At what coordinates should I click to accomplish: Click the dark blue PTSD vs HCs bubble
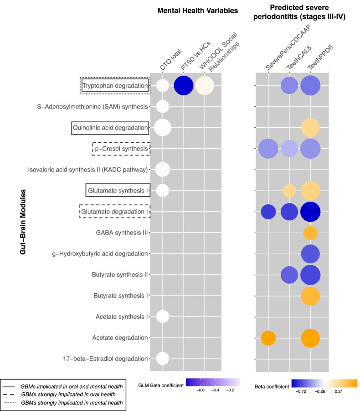(184, 86)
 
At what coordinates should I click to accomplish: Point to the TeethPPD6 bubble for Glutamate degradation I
(310, 211)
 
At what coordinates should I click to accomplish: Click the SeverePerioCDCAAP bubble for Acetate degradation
(268, 338)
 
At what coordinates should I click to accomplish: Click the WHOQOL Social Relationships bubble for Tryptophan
(205, 86)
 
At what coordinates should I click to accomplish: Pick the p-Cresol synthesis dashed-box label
(121, 148)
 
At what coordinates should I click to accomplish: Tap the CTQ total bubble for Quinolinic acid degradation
(163, 128)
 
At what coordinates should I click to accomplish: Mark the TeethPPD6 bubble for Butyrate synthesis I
(310, 296)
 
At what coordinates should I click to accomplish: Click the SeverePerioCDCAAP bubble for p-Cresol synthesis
(268, 148)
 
